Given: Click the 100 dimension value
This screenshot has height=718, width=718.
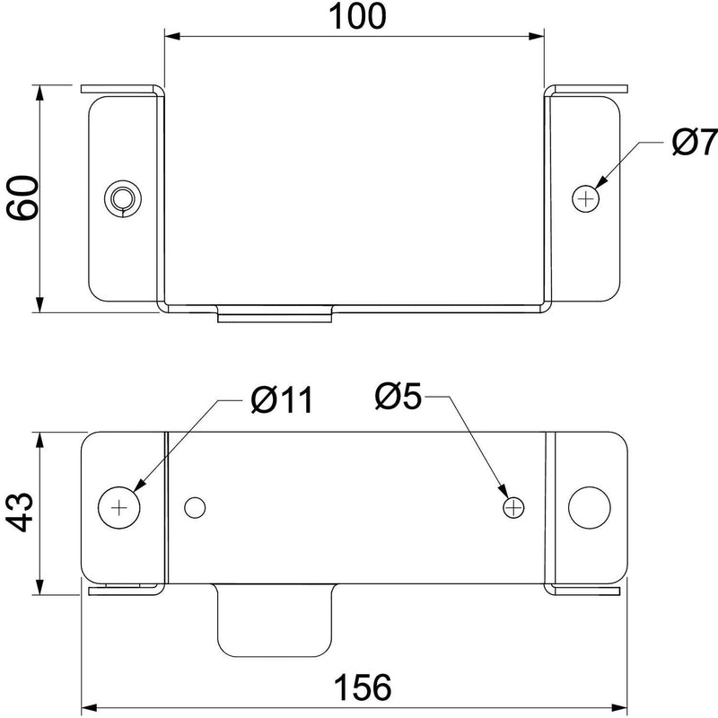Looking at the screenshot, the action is (x=357, y=16).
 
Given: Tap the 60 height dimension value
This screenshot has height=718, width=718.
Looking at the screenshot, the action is (x=21, y=197).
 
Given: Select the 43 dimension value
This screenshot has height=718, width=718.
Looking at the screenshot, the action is (x=21, y=512).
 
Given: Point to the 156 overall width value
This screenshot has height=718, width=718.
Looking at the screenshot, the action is (x=363, y=687).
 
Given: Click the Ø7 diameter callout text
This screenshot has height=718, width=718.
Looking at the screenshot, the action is (x=694, y=142).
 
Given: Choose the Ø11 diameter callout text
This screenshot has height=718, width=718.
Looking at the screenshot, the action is (x=282, y=399).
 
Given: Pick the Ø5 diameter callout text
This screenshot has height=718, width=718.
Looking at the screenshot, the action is (x=398, y=396).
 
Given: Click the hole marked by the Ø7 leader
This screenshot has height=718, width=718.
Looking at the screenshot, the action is (x=586, y=198).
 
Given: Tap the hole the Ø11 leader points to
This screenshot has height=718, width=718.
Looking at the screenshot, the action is (x=119, y=507).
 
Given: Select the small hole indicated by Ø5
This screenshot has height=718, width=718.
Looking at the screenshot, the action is (x=513, y=507).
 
